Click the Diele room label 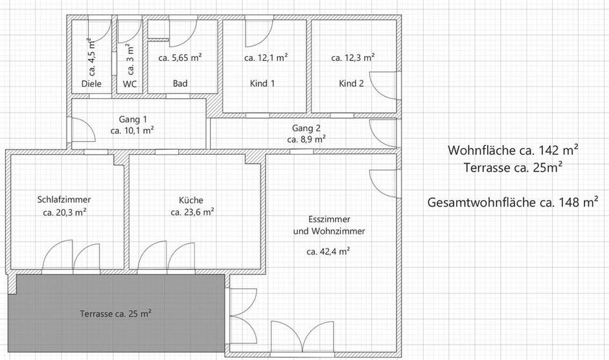tap(91, 84)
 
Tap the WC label tap(130, 84)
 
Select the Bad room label tap(180, 84)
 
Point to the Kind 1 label tap(262, 84)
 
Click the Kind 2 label tap(351, 84)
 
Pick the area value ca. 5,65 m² tap(180, 58)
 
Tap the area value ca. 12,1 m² tap(266, 58)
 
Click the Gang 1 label tap(133, 119)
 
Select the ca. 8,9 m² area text tap(306, 139)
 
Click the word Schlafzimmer tap(64, 199)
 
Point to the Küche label tap(191, 199)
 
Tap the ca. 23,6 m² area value tap(192, 212)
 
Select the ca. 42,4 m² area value tap(328, 251)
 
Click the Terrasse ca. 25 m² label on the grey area tap(116, 314)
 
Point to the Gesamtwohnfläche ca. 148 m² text tap(512, 202)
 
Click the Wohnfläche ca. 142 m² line tap(512, 150)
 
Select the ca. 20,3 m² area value tap(65, 212)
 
